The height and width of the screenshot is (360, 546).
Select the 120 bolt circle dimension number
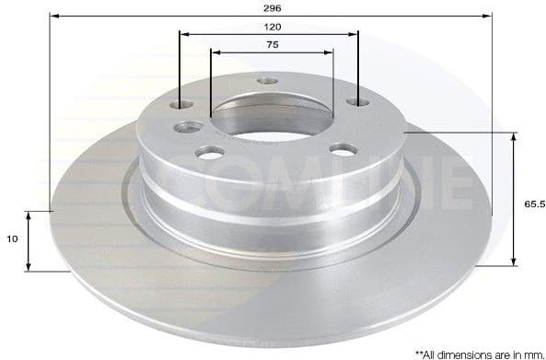coord(272,26)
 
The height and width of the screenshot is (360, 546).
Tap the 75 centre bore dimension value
coord(272,43)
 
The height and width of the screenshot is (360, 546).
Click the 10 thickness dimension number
coord(11,238)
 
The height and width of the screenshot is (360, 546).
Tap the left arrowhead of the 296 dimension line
coord(53,17)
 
